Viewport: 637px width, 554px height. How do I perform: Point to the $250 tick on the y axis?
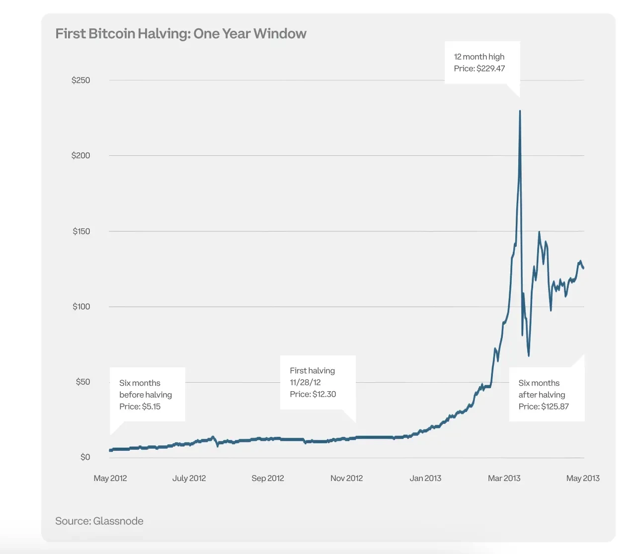(80, 80)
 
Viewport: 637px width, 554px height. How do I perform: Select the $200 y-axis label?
(80, 156)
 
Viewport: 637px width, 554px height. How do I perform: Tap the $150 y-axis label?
(81, 231)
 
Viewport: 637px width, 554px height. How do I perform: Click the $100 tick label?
(81, 307)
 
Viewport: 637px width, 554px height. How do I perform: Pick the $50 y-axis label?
(82, 382)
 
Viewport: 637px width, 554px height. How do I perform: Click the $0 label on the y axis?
(85, 457)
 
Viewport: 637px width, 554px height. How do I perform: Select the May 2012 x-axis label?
(110, 479)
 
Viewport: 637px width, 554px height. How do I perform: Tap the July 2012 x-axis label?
(189, 479)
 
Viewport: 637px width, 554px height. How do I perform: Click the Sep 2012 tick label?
(268, 479)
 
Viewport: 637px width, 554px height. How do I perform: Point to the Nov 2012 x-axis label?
(346, 479)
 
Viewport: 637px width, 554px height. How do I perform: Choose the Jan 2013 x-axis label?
(425, 479)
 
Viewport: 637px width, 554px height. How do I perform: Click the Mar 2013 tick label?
(504, 479)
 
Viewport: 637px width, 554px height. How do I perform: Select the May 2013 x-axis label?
(583, 479)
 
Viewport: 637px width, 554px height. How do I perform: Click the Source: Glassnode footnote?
(99, 521)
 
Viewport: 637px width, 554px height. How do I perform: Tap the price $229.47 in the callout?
(490, 69)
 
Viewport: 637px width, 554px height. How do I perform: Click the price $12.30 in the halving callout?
(324, 395)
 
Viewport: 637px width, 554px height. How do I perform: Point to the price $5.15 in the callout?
(151, 407)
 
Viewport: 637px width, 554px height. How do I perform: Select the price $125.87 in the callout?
(555, 407)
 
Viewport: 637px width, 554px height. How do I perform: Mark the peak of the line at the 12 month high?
(520, 111)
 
